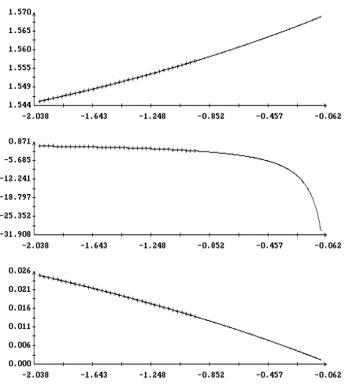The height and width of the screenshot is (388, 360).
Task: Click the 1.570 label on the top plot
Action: tap(20, 12)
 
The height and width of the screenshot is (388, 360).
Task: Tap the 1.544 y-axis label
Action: tap(20, 105)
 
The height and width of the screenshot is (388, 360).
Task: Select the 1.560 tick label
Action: tap(20, 49)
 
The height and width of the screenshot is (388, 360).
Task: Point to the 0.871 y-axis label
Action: tap(20, 141)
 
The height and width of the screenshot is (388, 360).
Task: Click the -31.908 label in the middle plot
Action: tap(16, 234)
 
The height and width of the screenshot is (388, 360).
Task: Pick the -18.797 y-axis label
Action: tap(16, 197)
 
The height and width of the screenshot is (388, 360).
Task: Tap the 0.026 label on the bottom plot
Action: tap(20, 270)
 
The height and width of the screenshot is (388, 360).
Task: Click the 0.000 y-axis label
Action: tap(20, 364)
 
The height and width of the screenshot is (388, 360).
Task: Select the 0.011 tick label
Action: tap(20, 326)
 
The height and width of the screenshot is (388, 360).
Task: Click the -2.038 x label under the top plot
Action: tap(35, 116)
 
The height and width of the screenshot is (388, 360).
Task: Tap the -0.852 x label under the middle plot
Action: tap(211, 245)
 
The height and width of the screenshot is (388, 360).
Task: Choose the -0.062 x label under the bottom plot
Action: tap(328, 375)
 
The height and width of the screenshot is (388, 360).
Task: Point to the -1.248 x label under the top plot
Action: tap(153, 116)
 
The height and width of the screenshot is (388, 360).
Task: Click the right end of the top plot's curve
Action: tap(321, 17)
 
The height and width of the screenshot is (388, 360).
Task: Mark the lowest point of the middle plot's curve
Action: tap(321, 231)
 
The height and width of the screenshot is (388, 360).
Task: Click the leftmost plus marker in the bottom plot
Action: tap(39, 275)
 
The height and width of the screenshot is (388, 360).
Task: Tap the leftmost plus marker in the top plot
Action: tap(39, 101)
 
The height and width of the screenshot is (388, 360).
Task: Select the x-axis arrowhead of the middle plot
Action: tap(325, 234)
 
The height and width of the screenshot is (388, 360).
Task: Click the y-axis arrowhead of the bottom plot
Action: tap(34, 274)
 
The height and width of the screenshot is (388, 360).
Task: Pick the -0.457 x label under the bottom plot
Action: tap(269, 375)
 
